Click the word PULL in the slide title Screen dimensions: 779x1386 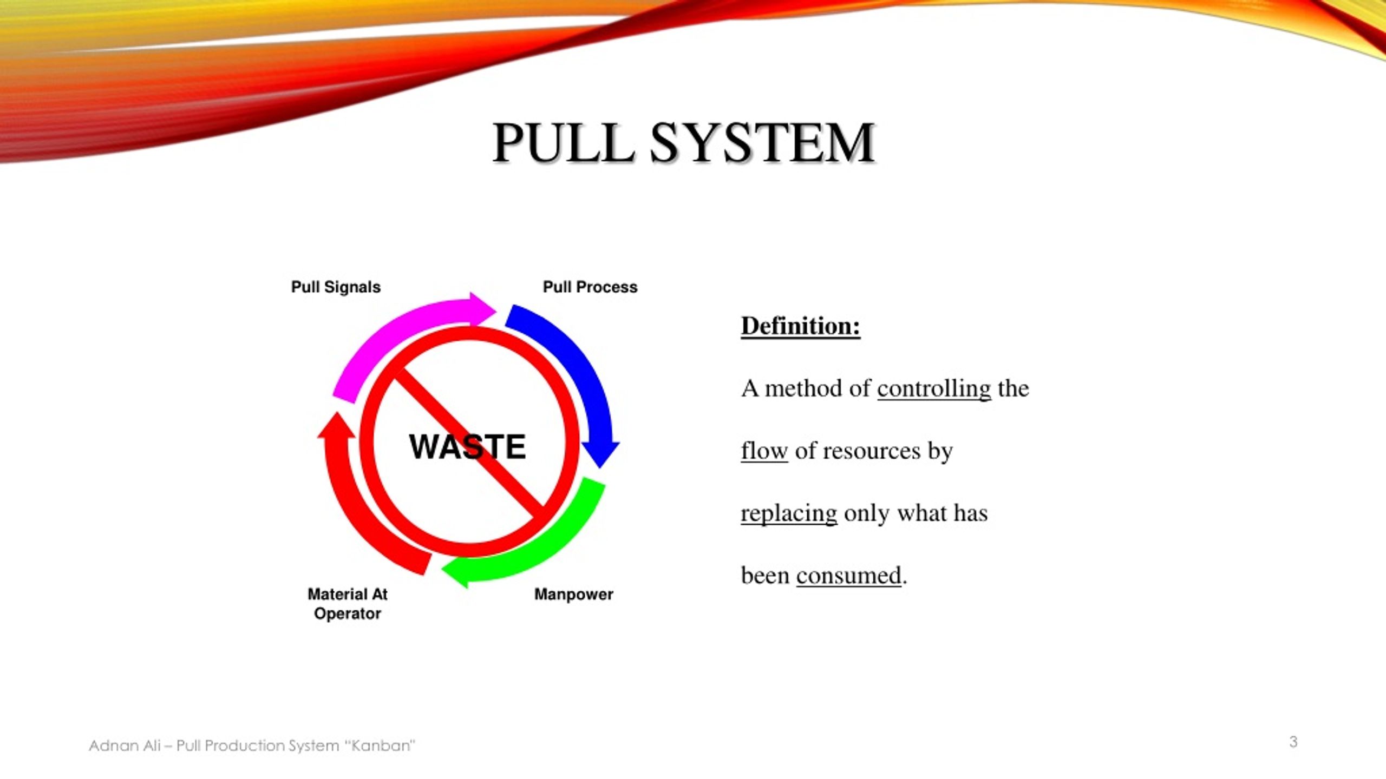(x=563, y=143)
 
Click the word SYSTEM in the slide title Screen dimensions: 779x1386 (x=762, y=143)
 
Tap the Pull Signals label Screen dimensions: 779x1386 (x=336, y=287)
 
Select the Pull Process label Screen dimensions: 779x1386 (x=590, y=287)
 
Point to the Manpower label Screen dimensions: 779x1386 (x=573, y=594)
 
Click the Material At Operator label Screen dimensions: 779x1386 (x=348, y=604)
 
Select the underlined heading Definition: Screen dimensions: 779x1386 (x=800, y=326)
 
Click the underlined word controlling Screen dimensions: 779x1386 (x=934, y=388)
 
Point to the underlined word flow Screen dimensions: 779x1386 (x=764, y=451)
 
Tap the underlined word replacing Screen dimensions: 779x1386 (x=789, y=513)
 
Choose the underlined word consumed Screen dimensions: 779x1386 (x=848, y=575)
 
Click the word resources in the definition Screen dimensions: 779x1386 (x=871, y=451)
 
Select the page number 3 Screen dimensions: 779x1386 (x=1293, y=742)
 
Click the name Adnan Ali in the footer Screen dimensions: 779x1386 (x=125, y=745)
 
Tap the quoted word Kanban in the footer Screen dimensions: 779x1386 (x=381, y=745)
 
